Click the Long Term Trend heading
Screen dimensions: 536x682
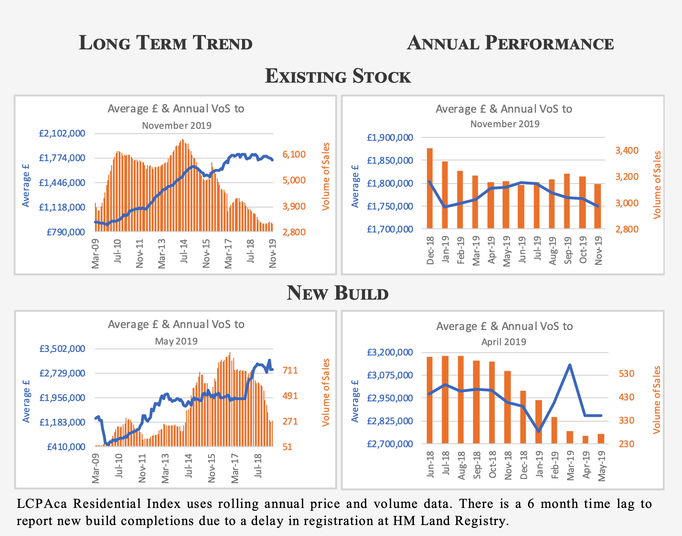(x=165, y=43)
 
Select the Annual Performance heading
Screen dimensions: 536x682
(x=510, y=43)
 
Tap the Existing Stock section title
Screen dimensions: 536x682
(x=338, y=76)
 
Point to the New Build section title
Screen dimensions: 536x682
(x=337, y=293)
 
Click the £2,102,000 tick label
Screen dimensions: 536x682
(x=62, y=133)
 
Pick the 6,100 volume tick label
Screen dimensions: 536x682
(x=294, y=154)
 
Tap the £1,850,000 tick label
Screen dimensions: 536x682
(x=390, y=160)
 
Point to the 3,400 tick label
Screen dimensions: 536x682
(x=627, y=150)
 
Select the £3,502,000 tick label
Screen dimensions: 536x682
(x=62, y=349)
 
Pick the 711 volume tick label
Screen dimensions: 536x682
(x=290, y=370)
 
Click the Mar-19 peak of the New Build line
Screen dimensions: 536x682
(x=570, y=365)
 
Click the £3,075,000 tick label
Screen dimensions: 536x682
(x=390, y=375)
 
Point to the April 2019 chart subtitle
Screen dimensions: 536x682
(x=504, y=342)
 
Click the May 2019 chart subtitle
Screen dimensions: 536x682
(x=176, y=341)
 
